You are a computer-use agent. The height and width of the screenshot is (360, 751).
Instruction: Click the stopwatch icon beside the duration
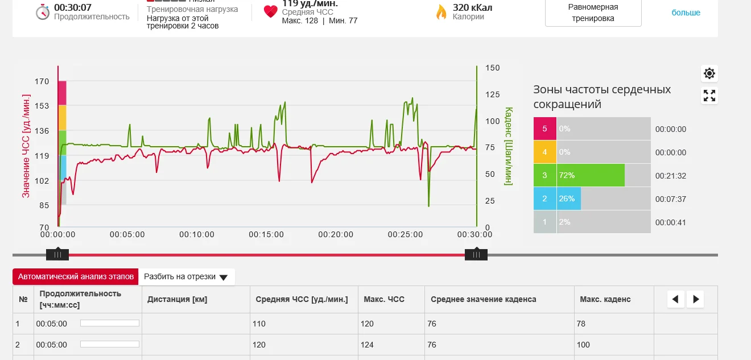click(43, 12)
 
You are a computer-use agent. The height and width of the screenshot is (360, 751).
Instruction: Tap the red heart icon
click(271, 12)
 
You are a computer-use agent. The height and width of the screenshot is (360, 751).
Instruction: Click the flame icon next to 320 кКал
click(441, 12)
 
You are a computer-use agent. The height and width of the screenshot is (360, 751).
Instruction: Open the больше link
click(686, 13)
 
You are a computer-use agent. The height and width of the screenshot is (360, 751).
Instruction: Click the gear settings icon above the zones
click(709, 73)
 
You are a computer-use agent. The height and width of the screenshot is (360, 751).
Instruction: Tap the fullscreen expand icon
click(709, 96)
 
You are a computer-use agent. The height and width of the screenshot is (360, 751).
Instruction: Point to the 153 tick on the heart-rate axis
click(42, 106)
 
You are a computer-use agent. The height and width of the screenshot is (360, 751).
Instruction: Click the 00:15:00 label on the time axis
click(266, 234)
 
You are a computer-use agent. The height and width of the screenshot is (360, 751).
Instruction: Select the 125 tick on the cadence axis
click(492, 94)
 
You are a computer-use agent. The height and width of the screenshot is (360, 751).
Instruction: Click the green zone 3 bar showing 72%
click(591, 175)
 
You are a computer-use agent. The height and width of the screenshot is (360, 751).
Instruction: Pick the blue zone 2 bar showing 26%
click(568, 198)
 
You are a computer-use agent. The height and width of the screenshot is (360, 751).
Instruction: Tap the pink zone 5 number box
click(544, 129)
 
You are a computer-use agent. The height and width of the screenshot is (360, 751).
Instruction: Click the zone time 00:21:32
click(671, 176)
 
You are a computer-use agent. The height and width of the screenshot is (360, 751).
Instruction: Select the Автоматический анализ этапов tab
click(76, 276)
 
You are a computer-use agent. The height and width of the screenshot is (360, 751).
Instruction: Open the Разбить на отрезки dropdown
click(186, 277)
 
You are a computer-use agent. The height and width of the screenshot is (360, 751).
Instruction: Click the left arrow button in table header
click(675, 299)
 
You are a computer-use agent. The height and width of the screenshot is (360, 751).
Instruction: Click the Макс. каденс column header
click(605, 299)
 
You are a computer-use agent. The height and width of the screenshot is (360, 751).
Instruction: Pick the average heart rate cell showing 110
click(259, 324)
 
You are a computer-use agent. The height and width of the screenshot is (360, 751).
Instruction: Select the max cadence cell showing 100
click(583, 345)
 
